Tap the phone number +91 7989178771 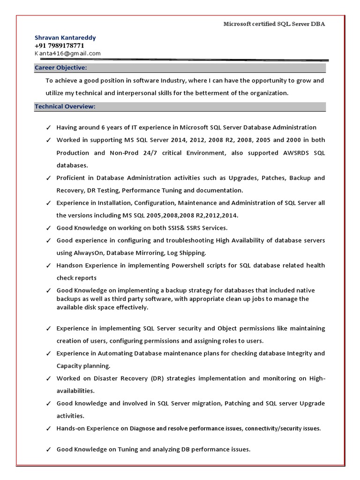60,45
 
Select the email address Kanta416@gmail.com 67,53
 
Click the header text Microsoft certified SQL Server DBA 274,24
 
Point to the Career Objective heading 61,68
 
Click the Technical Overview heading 65,106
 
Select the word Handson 69,265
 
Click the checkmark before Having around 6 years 49,127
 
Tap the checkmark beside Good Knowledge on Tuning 49,450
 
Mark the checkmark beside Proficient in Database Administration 49,178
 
